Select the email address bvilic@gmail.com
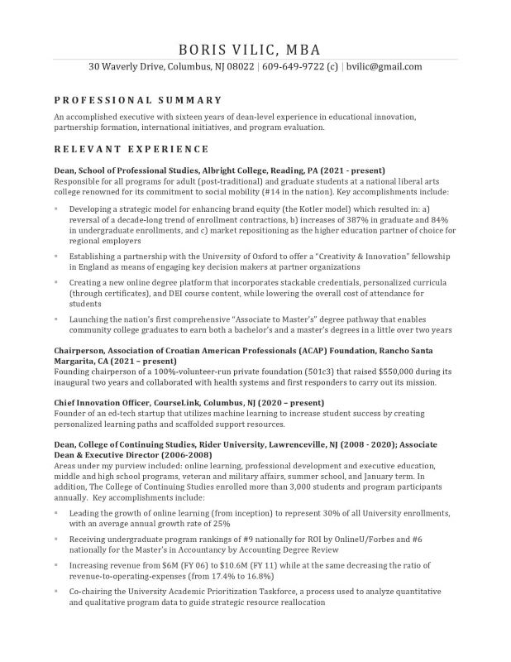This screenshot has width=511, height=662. (384, 67)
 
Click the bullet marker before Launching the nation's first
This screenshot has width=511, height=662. (56, 319)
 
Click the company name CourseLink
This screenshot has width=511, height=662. (177, 401)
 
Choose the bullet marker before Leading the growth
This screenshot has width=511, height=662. (56, 514)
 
